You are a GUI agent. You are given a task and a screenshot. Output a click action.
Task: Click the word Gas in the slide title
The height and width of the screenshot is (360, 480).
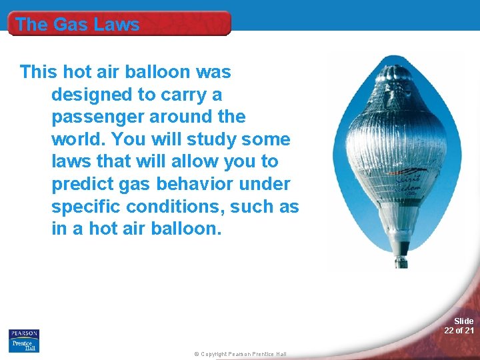[x=70, y=25]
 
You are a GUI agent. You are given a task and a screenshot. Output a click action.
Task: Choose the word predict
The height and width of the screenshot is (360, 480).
[x=83, y=185]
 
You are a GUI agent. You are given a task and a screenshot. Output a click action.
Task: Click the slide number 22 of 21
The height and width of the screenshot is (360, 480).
[x=459, y=331]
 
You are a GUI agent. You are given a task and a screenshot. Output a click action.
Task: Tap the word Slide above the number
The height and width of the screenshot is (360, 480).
[x=464, y=321]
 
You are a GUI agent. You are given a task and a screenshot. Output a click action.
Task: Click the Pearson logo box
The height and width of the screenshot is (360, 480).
[x=24, y=333]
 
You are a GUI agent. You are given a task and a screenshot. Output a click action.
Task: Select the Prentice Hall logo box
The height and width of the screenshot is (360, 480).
[x=24, y=345]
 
